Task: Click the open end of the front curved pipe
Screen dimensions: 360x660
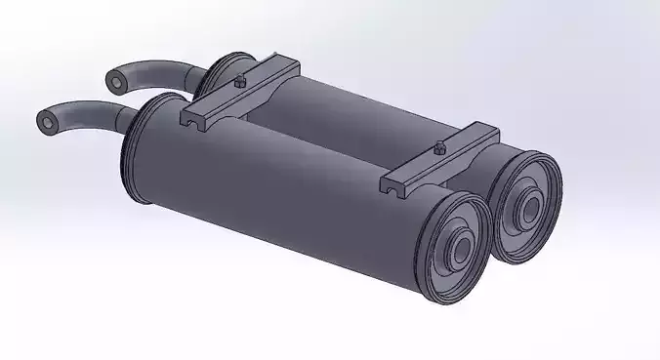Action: (47, 121)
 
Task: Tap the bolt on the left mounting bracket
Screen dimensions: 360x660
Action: (239, 82)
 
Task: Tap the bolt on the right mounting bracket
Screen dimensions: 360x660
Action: (438, 149)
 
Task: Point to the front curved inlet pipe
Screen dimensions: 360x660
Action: (88, 109)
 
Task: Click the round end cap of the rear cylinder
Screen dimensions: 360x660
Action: (527, 206)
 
